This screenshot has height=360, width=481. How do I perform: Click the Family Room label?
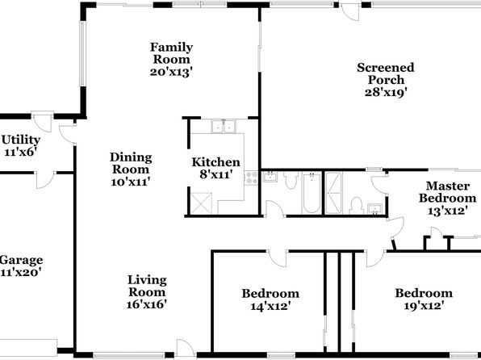[171, 53]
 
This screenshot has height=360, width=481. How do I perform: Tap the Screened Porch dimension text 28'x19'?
[386, 92]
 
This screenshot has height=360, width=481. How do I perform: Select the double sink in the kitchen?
[224, 126]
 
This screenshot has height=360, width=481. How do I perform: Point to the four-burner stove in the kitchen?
[251, 178]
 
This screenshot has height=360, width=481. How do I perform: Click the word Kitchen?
[215, 162]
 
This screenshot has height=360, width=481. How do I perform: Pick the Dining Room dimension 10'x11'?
[131, 182]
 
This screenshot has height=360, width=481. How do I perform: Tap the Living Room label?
[147, 286]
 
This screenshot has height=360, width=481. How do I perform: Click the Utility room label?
[21, 140]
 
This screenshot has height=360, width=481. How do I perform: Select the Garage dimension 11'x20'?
[21, 272]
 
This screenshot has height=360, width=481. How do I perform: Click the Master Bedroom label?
[448, 192]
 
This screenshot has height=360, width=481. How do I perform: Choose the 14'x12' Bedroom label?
[270, 299]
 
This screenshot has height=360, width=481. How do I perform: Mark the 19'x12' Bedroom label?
[424, 299]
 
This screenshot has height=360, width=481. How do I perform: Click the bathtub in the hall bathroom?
[312, 194]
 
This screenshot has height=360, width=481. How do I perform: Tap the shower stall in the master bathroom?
[333, 193]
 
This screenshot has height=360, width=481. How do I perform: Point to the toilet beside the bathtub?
[291, 180]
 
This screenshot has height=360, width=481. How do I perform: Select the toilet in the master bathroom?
[357, 206]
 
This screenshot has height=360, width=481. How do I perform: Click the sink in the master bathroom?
[374, 209]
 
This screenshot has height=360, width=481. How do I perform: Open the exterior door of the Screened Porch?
[350, 11]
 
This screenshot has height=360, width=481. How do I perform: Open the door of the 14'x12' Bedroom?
[278, 258]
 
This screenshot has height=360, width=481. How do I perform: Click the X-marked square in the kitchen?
[201, 203]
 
